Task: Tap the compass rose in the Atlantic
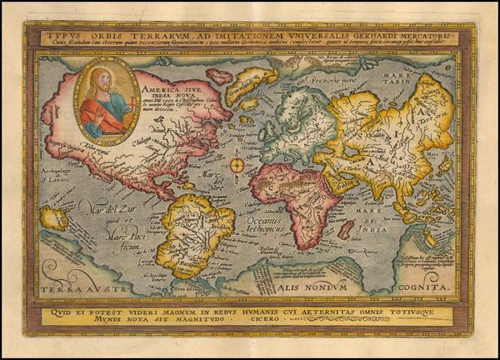[x=237, y=164]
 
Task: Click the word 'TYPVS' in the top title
[x=62, y=37]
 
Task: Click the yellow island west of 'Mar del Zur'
[x=53, y=219]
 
